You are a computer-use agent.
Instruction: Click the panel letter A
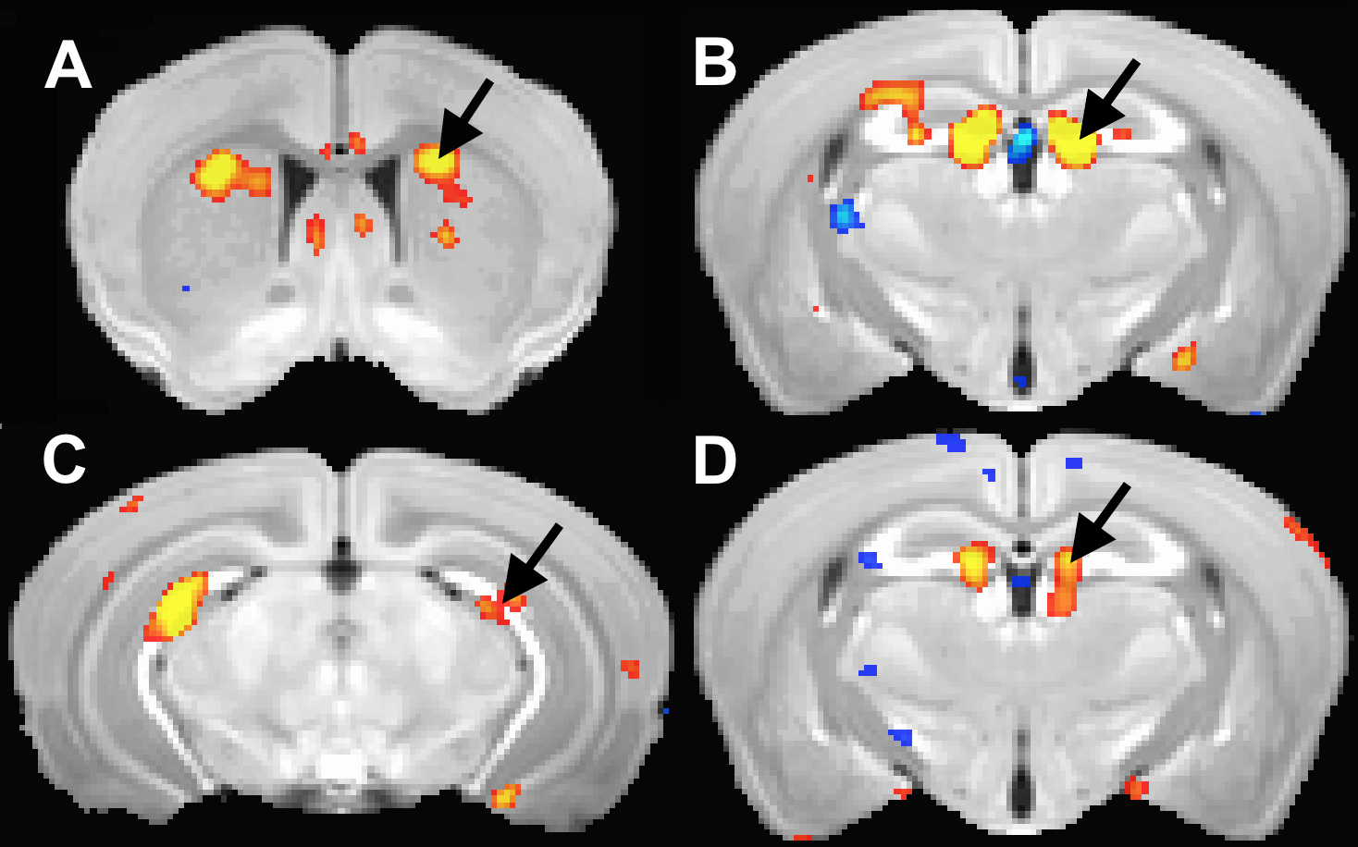(68, 66)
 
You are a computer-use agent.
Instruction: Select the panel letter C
(65, 460)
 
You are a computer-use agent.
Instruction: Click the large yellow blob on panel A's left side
(218, 173)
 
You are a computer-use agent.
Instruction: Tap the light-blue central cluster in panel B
(1021, 141)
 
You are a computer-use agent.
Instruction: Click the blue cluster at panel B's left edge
(844, 216)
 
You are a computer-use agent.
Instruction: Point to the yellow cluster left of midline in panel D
(973, 564)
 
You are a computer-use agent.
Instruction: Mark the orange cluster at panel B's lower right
(1183, 356)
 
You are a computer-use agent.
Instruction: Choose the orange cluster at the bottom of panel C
(504, 795)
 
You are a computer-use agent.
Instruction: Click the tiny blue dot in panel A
(186, 288)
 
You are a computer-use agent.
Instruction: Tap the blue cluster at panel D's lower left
(900, 737)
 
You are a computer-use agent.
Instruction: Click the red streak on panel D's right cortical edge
(1305, 540)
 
